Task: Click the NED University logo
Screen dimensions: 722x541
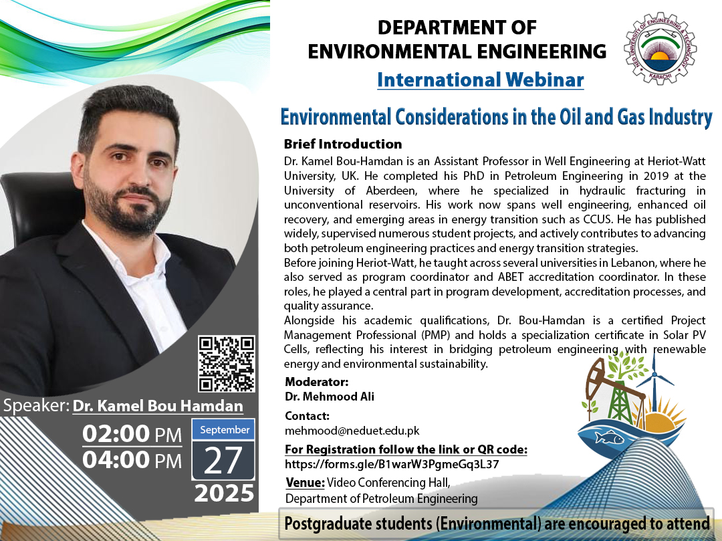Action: [x=660, y=48]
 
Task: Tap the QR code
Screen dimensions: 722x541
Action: [x=227, y=364]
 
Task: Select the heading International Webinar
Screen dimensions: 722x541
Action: [x=480, y=80]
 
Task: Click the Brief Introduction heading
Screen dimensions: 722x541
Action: [x=342, y=144]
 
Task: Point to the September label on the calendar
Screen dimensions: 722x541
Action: [x=224, y=429]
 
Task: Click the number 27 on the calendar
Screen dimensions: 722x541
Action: [x=223, y=460]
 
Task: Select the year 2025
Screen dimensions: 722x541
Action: [x=224, y=493]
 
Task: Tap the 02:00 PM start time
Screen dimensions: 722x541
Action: [x=132, y=434]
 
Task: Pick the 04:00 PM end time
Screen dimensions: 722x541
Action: [x=132, y=460]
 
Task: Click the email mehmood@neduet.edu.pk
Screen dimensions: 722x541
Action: [x=352, y=431]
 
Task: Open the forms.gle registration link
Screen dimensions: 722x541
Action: [x=392, y=464]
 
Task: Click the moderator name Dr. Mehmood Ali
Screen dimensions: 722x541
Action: [x=330, y=397]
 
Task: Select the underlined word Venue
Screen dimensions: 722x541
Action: [x=305, y=483]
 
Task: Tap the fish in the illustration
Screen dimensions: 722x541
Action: [x=609, y=437]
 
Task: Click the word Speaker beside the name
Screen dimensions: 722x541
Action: [x=36, y=406]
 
